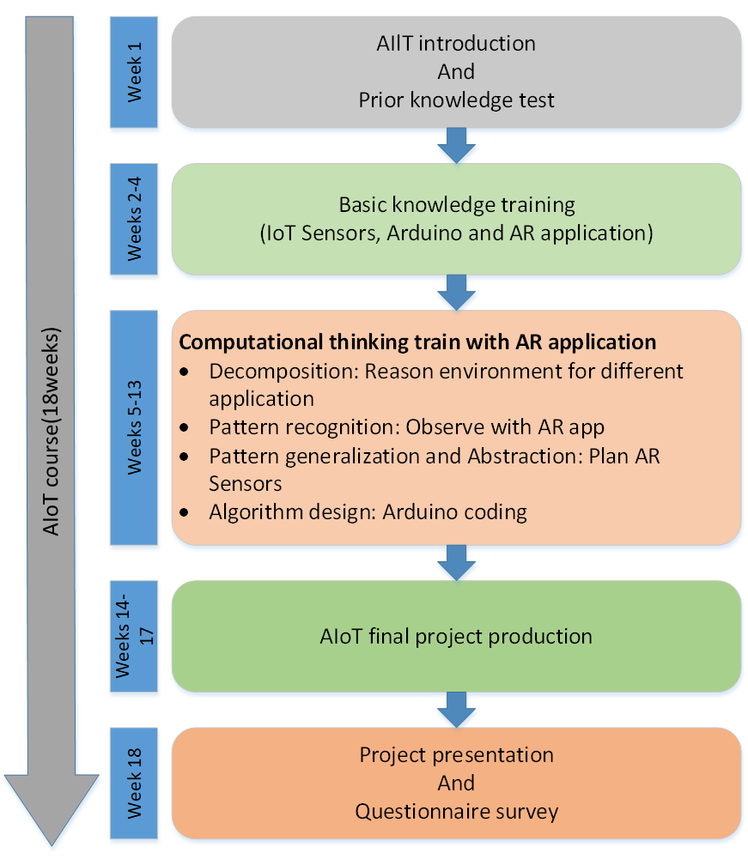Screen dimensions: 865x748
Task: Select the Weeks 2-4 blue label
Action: tap(134, 219)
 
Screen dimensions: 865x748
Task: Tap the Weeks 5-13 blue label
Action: tap(134, 426)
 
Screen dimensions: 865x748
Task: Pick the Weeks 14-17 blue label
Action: tap(134, 636)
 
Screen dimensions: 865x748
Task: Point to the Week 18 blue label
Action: tap(134, 783)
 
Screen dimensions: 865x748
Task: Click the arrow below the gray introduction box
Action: tap(456, 144)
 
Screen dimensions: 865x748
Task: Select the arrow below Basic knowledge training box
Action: tap(456, 291)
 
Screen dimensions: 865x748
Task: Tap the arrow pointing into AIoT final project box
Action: tap(456, 562)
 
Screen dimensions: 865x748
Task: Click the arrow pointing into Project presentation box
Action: tap(456, 709)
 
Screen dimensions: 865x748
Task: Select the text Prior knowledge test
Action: tap(456, 100)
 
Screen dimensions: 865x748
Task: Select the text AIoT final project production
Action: tap(456, 636)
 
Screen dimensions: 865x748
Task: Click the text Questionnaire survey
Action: tap(456, 811)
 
